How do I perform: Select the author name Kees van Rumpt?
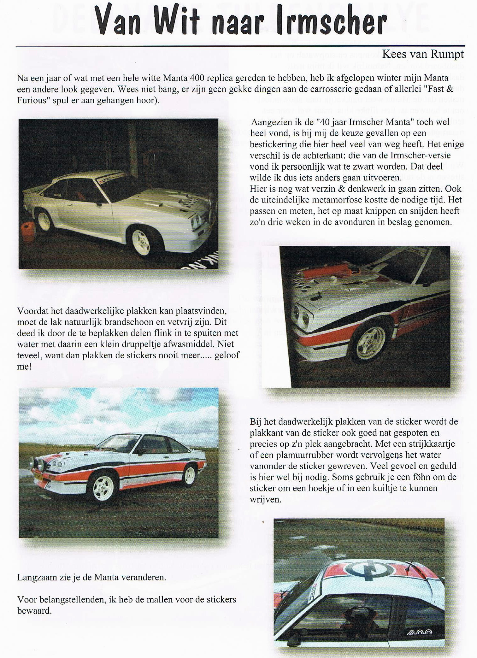[423, 54]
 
